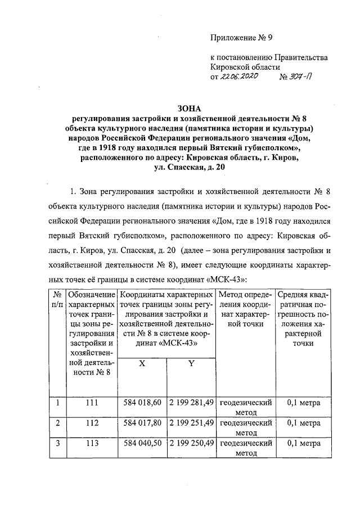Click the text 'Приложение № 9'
coord(241,38)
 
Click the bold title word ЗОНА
coord(188,108)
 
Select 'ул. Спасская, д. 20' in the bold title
coord(188,167)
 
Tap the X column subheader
coord(142,364)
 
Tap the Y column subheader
coord(191,364)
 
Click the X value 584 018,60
coord(142,403)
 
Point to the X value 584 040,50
coord(142,443)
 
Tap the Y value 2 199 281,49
coord(191,403)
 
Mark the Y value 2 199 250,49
coord(191,443)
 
